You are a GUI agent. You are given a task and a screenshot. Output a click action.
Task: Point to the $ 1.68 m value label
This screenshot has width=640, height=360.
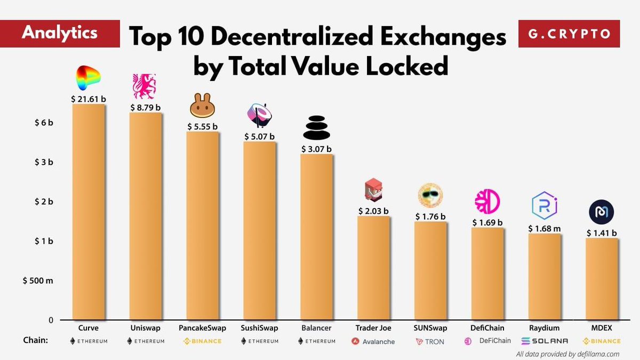(544, 229)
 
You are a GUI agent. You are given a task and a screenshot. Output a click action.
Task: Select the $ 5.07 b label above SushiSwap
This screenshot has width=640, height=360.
(259, 137)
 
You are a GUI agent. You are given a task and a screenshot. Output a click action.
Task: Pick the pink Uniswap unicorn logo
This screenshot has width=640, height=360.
(145, 87)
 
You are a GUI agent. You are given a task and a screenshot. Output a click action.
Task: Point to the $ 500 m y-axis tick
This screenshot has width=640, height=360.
(37, 281)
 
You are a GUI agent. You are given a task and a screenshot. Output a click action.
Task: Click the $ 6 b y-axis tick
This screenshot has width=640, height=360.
(44, 123)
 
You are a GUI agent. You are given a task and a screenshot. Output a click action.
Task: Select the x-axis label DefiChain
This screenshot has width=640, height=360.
(487, 328)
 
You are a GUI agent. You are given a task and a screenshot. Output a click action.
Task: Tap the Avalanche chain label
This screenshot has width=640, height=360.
(373, 341)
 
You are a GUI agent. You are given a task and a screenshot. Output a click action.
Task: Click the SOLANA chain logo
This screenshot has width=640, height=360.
(544, 341)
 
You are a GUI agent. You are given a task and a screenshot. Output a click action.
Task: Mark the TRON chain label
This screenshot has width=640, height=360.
(430, 341)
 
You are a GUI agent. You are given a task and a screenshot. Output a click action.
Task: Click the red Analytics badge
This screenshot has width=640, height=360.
(60, 33)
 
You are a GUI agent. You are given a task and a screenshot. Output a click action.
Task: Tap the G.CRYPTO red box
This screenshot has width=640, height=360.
(569, 34)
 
